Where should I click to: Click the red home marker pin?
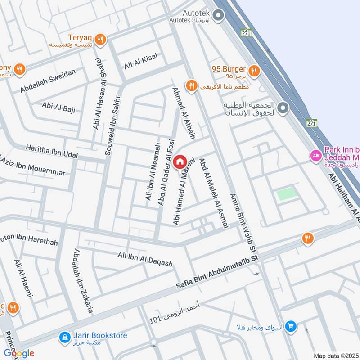pyautogui.click(x=180, y=162)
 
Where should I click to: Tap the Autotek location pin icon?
pyautogui.click(x=218, y=17)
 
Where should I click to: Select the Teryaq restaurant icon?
pyautogui.click(x=101, y=40)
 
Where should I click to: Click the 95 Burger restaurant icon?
pyautogui.click(x=254, y=70)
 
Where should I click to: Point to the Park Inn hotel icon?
pyautogui.click(x=315, y=155)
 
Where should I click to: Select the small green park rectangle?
pyautogui.click(x=287, y=194)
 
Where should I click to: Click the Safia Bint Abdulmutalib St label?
pyautogui.click(x=218, y=272)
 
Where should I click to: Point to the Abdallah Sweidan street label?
pyautogui.click(x=49, y=81)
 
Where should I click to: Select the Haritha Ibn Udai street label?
pyautogui.click(x=52, y=151)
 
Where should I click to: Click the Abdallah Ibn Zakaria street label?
pyautogui.click(x=83, y=281)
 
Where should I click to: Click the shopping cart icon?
pyautogui.click(x=291, y=326)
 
